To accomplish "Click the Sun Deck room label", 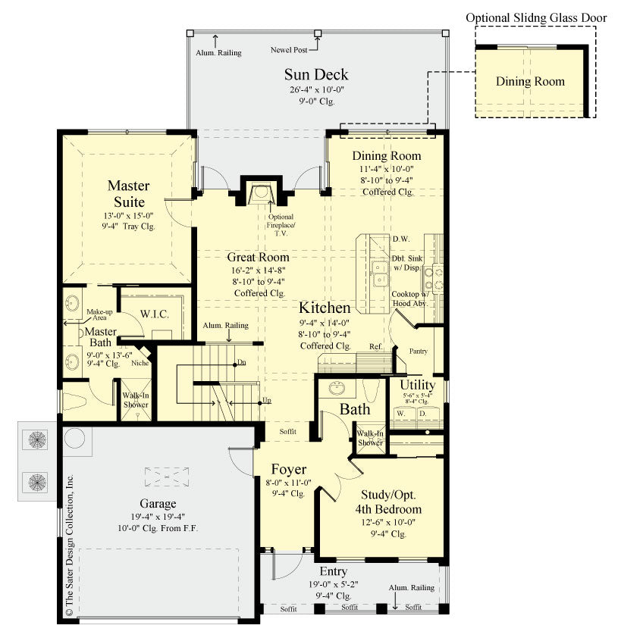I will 316,74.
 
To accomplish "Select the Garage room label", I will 158,503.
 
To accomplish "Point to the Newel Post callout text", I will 289,50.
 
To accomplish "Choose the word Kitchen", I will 325,308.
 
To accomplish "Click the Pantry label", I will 419,352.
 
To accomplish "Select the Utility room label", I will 417,385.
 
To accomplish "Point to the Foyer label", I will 288,469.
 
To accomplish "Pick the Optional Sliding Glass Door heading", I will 531,17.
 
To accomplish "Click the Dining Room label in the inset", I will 530,81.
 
